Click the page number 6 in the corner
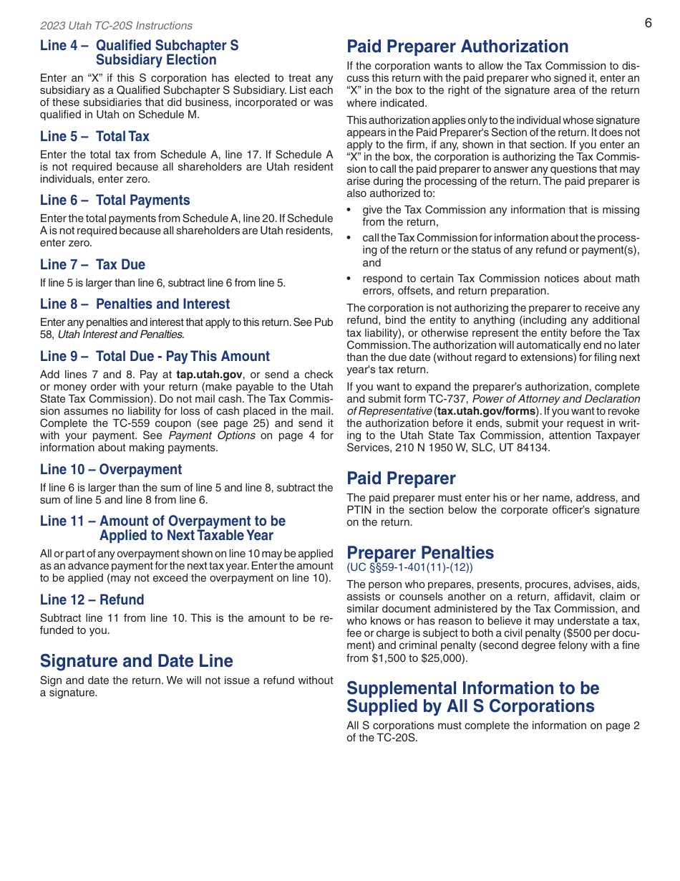tap(648, 23)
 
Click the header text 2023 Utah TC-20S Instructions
tap(116, 26)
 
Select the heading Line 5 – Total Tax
tap(94, 136)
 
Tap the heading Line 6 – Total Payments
tap(115, 201)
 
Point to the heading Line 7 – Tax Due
tap(92, 264)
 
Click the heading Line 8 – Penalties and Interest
tap(135, 304)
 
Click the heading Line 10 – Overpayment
tap(111, 470)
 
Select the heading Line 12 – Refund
tap(92, 600)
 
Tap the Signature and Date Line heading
tap(136, 660)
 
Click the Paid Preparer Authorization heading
tap(457, 47)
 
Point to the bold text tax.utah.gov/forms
tap(486, 411)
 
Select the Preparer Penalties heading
tap(420, 553)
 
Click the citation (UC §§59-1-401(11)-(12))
tap(409, 567)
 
